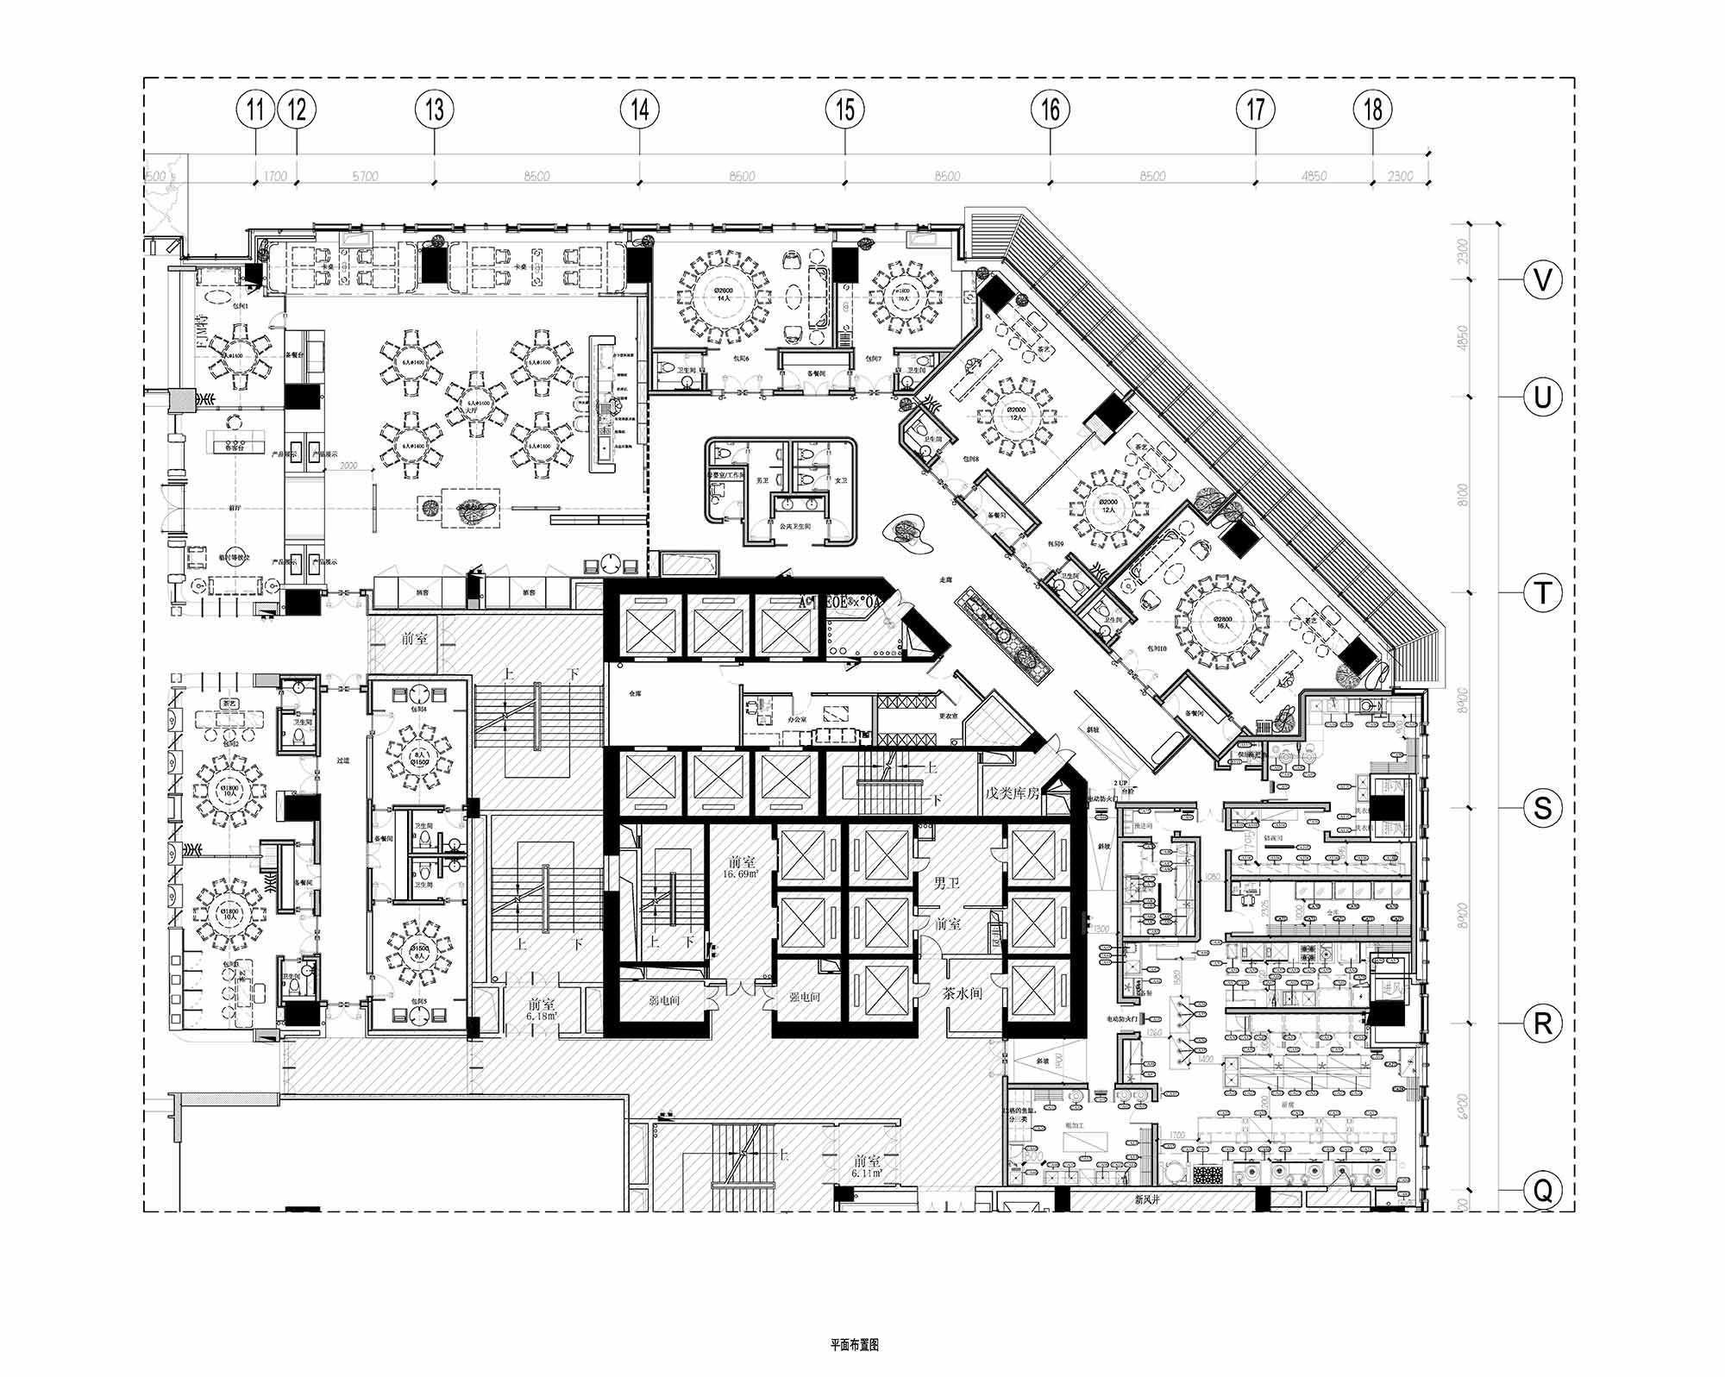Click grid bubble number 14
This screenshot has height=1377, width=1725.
point(639,110)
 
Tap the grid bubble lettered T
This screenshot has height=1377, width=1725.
point(1542,593)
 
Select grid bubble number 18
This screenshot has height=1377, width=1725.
point(1373,110)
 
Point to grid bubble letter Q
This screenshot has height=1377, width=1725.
point(1542,1191)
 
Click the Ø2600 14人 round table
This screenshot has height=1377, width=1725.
point(723,295)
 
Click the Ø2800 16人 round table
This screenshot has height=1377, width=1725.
point(1222,622)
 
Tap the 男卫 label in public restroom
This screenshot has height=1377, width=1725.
point(762,481)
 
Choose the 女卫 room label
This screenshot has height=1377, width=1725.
point(841,481)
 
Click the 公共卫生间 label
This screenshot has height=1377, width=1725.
point(794,526)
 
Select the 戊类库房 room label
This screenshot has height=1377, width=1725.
point(1011,792)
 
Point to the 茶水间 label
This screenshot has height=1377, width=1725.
point(962,992)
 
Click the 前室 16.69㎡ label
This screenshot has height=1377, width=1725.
point(741,867)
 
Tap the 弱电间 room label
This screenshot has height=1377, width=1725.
point(663,1001)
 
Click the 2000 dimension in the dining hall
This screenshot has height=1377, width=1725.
point(348,466)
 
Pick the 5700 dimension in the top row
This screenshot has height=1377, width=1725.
point(365,177)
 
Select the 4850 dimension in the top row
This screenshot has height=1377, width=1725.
point(1314,177)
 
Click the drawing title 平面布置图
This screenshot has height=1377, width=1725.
point(854,1344)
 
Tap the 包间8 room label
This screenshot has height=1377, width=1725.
point(970,460)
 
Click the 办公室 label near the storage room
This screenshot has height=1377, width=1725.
point(797,719)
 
